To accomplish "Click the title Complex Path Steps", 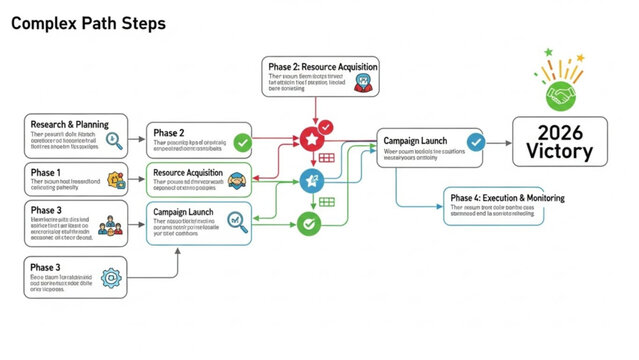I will (88, 22).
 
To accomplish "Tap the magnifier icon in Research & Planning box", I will (114, 140).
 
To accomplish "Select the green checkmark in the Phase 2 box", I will (241, 142).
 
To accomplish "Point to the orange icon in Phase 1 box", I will (116, 181).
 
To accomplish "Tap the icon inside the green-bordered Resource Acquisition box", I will (238, 181).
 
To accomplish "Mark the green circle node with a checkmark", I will (311, 223).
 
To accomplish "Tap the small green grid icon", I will (327, 202).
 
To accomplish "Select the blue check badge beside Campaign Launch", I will (476, 142).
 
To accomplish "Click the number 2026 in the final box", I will (559, 132).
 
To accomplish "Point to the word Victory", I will (559, 153).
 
